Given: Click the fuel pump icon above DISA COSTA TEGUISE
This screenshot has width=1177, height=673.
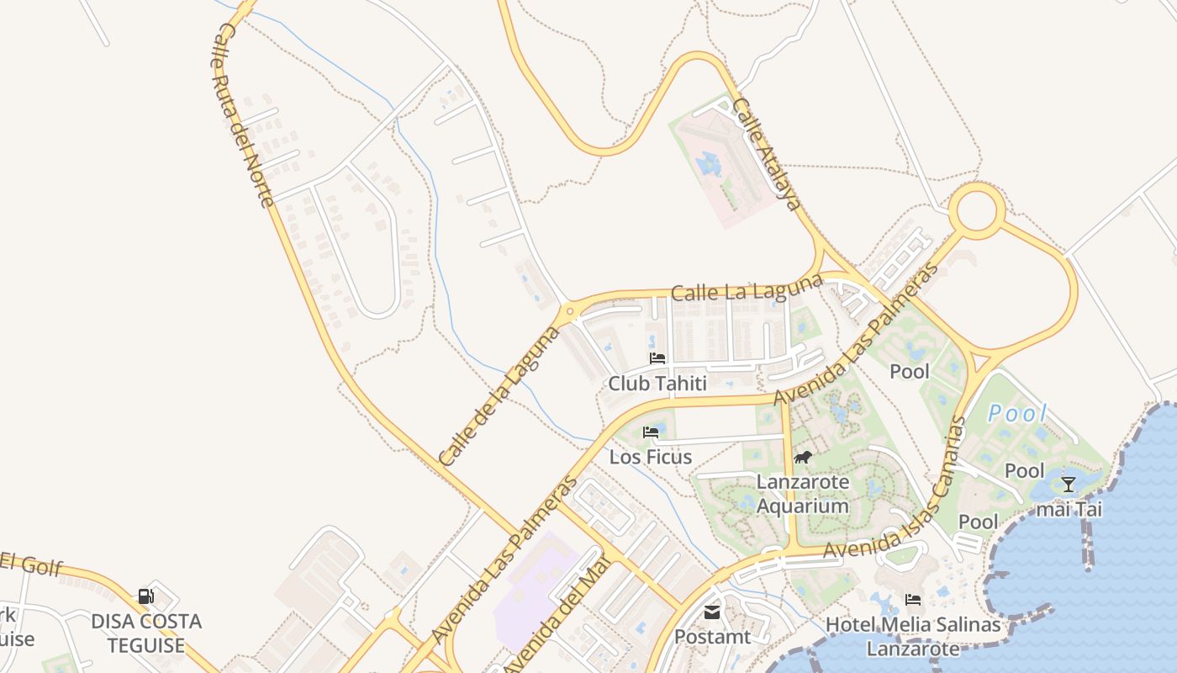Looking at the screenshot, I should [x=145, y=596].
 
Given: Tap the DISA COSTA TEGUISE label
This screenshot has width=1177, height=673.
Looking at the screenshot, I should [x=146, y=633].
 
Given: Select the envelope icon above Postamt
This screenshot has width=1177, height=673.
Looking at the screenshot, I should [x=712, y=612].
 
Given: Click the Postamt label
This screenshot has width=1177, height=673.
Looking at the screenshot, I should [x=712, y=637].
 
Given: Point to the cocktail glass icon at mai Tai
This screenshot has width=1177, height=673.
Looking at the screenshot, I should [x=1069, y=485].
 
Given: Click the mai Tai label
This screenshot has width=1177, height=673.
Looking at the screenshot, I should [x=1069, y=509].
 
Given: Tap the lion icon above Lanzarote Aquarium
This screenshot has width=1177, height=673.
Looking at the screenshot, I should [x=803, y=458].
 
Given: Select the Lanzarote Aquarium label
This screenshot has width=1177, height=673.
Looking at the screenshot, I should [x=803, y=494].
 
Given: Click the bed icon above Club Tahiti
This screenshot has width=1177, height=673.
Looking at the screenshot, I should [x=657, y=358].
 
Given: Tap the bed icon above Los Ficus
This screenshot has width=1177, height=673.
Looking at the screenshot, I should [x=651, y=432].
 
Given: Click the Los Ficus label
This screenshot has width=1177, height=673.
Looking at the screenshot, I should [x=651, y=457].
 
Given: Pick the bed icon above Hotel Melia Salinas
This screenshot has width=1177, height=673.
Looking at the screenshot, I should [x=913, y=600].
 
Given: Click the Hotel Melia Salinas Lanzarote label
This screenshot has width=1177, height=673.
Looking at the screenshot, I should [x=913, y=636].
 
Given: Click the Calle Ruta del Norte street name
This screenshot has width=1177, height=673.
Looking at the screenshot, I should [x=243, y=114].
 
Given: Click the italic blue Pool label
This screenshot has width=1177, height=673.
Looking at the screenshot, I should [x=1017, y=413].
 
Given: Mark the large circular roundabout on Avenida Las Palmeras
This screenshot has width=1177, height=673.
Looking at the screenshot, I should [x=977, y=210].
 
